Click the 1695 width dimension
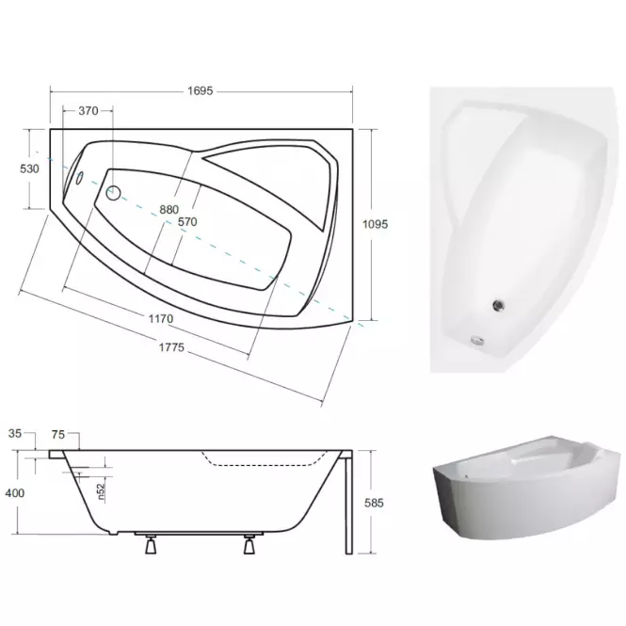coord(201,91)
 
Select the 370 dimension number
coord(88,110)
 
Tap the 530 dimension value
coord(29,169)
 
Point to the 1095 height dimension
coord(376,224)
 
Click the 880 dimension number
coord(169,210)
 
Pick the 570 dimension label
coord(187,221)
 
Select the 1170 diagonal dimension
coord(161,318)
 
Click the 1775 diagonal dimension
coord(171,347)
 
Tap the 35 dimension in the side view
coord(15,433)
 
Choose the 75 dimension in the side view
coord(58,434)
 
